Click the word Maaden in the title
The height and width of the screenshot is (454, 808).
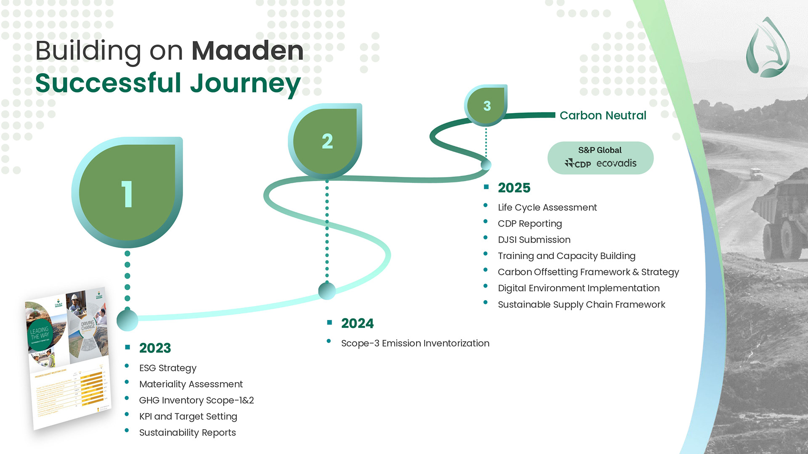click(247, 51)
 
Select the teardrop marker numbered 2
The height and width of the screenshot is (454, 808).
click(326, 141)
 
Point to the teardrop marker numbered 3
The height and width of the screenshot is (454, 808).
click(486, 106)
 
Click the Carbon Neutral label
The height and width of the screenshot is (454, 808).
click(603, 116)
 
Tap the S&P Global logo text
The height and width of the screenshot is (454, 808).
click(600, 150)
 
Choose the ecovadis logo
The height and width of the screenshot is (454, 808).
click(616, 163)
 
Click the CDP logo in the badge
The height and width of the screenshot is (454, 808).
click(578, 164)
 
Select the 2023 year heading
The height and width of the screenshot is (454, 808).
click(155, 348)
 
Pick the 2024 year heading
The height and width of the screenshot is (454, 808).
click(357, 323)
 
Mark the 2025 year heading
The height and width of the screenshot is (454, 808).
click(514, 187)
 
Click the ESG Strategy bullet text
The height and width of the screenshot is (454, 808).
click(167, 368)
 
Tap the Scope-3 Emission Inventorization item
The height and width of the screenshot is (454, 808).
click(415, 343)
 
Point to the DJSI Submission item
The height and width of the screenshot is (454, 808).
click(534, 240)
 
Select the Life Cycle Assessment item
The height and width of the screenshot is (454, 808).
click(547, 208)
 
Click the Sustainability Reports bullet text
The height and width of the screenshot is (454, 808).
click(187, 433)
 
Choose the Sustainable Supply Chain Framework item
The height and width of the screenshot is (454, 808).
click(581, 305)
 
